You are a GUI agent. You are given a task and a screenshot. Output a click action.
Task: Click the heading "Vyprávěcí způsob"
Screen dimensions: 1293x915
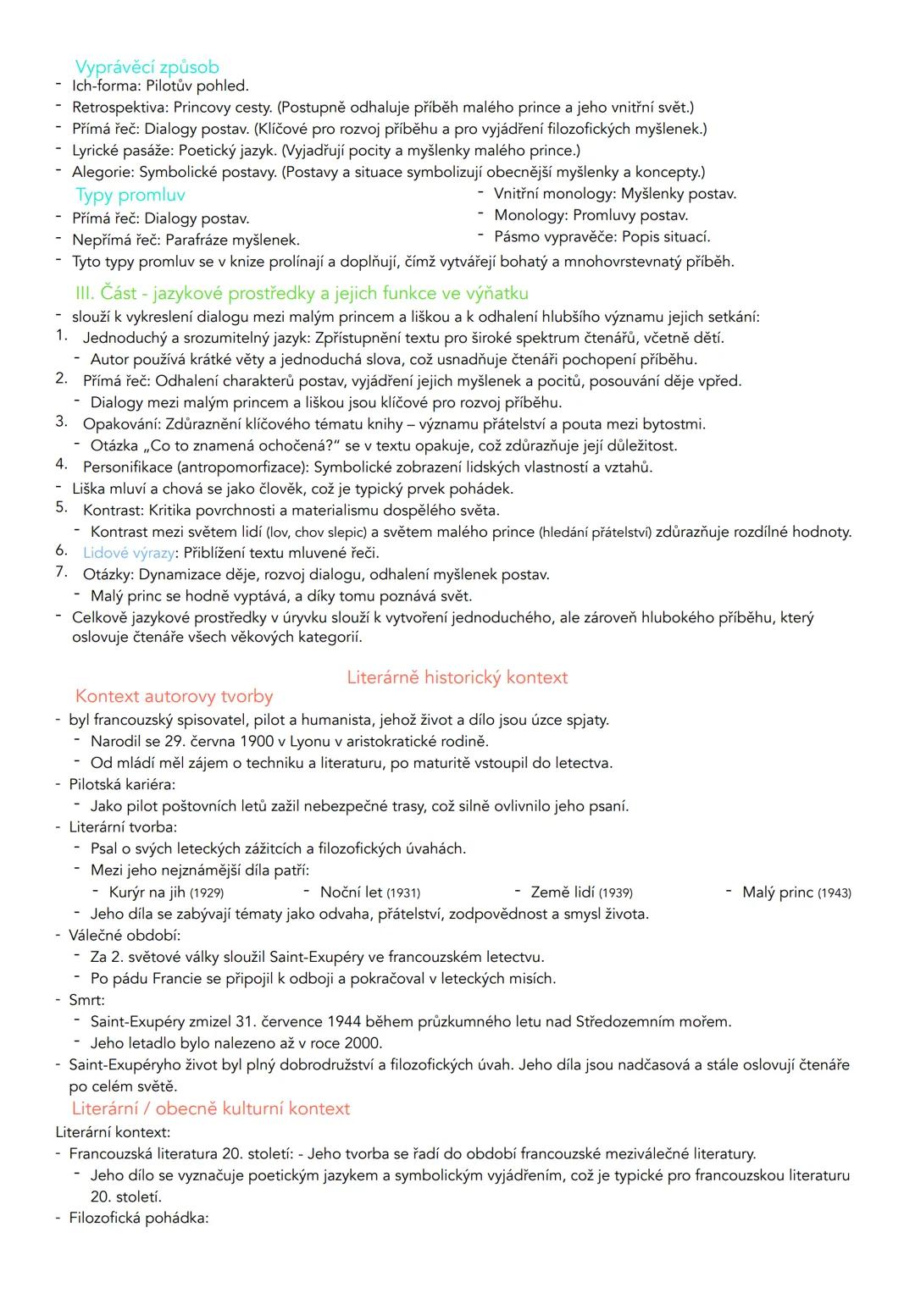coord(147,66)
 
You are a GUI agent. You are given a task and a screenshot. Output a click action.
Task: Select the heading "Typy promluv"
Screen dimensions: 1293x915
coord(130,195)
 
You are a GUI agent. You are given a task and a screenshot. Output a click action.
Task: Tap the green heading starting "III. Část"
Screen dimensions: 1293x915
coord(301,293)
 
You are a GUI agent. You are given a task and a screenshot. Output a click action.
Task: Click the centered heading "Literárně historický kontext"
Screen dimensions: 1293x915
coord(457,677)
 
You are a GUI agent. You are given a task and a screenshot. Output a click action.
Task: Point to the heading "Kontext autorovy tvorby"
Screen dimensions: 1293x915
coord(174,696)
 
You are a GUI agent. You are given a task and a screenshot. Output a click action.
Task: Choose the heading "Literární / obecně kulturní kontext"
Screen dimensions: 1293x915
coord(210,1108)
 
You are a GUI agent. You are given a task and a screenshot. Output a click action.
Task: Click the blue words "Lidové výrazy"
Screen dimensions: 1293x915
coord(129,553)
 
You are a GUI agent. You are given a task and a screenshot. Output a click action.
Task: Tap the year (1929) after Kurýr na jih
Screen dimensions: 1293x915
coord(207,892)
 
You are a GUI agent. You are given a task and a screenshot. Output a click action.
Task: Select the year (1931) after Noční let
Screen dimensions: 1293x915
coord(403,892)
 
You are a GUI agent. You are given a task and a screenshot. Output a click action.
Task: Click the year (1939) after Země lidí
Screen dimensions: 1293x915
coord(615,892)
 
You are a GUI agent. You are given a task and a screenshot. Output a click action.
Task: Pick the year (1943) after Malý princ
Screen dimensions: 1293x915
coord(835,892)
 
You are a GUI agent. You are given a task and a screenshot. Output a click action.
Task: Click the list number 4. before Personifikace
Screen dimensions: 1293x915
coord(61,464)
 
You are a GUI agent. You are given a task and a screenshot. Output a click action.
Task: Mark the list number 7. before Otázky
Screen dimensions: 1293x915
coord(61,572)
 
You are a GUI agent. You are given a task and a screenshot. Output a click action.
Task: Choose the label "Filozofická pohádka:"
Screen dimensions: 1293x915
coord(138,1218)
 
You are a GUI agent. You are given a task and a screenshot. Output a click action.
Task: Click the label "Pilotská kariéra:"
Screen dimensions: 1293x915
coord(122,784)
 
